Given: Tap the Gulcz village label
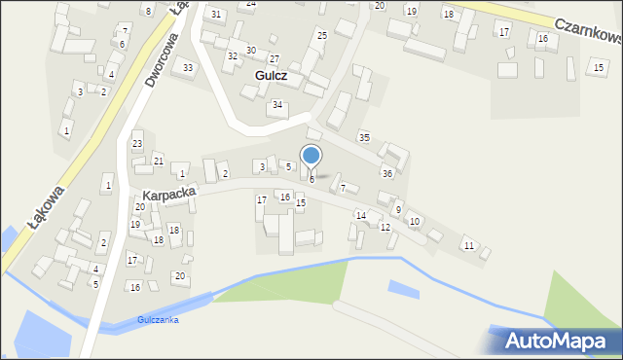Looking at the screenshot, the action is click(x=275, y=75).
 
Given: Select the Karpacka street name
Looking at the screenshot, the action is click(x=168, y=195).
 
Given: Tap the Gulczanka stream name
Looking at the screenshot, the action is click(x=158, y=320).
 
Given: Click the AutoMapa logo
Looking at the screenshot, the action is click(x=556, y=341).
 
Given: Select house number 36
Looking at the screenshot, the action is click(x=386, y=174).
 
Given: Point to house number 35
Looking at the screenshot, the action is click(x=364, y=137).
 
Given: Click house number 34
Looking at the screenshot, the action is click(x=277, y=105).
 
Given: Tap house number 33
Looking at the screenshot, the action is click(x=188, y=67).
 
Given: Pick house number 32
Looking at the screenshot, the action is click(x=232, y=56).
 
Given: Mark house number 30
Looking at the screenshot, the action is click(x=250, y=51).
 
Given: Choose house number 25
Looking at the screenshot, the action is click(x=321, y=36).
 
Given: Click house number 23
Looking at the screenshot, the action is click(x=137, y=144).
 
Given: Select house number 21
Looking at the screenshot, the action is click(x=158, y=161).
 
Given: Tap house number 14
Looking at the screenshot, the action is click(x=360, y=215).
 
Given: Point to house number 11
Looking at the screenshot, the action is click(x=468, y=245).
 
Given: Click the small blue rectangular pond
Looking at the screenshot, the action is click(x=404, y=288).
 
